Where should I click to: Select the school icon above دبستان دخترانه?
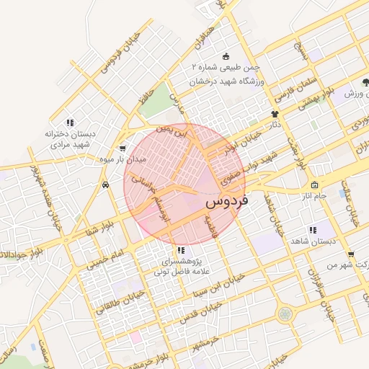tap(69, 123)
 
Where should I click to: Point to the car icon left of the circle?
tap(105, 184)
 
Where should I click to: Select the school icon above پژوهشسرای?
tap(180, 250)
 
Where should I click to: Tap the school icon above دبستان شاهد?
tap(313, 230)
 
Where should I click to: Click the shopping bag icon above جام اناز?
tap(314, 185)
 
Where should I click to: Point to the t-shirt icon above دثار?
tap(274, 114)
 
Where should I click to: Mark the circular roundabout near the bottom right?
tap(285, 314)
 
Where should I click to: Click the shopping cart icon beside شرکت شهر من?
tap(350, 254)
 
